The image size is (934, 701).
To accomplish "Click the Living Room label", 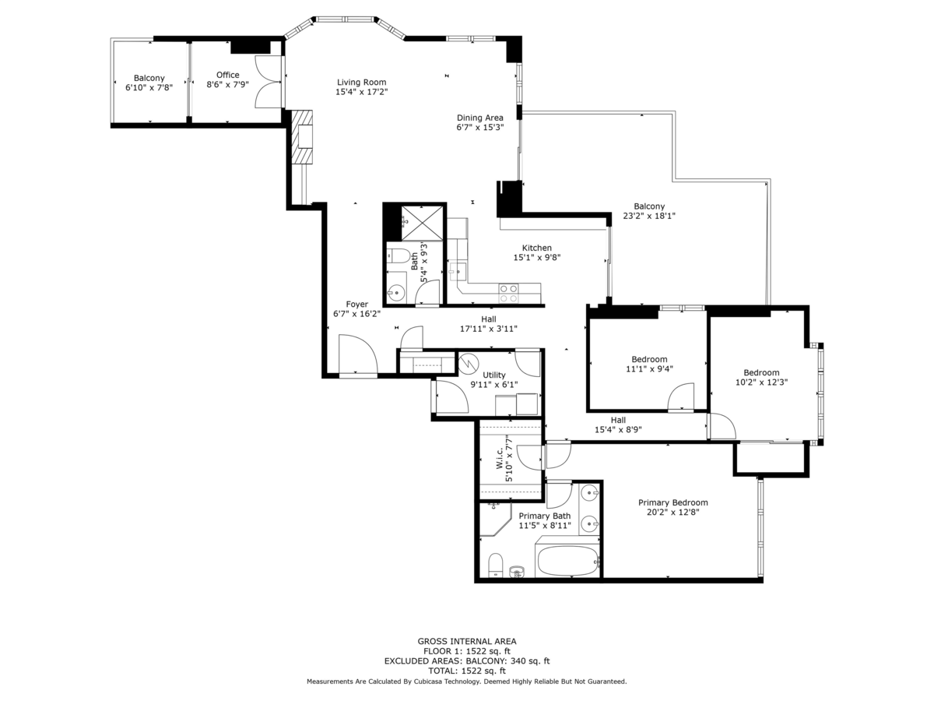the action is (362, 82).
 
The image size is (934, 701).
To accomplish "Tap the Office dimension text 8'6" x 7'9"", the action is (227, 84).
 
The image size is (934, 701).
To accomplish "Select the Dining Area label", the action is (480, 118).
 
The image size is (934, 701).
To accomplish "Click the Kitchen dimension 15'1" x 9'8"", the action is (537, 257).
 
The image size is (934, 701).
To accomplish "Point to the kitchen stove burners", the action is (509, 294).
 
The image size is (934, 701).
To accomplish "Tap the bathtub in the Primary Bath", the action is (567, 561).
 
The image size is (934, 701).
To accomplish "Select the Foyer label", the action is (356, 304).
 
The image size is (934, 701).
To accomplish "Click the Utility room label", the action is (494, 375).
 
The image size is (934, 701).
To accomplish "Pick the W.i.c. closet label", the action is (500, 457).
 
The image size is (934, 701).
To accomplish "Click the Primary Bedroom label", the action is (673, 502).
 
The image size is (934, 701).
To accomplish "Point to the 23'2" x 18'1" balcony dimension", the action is (649, 216).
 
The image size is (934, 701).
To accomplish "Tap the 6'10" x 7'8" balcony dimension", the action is (149, 88).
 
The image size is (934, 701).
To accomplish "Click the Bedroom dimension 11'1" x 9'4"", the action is (649, 368).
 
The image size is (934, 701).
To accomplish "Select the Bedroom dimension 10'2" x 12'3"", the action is (762, 382).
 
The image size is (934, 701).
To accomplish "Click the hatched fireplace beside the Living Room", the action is (302, 137).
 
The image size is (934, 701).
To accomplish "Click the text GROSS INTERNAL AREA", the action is (467, 641).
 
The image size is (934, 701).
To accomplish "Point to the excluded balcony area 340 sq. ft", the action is (529, 661).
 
